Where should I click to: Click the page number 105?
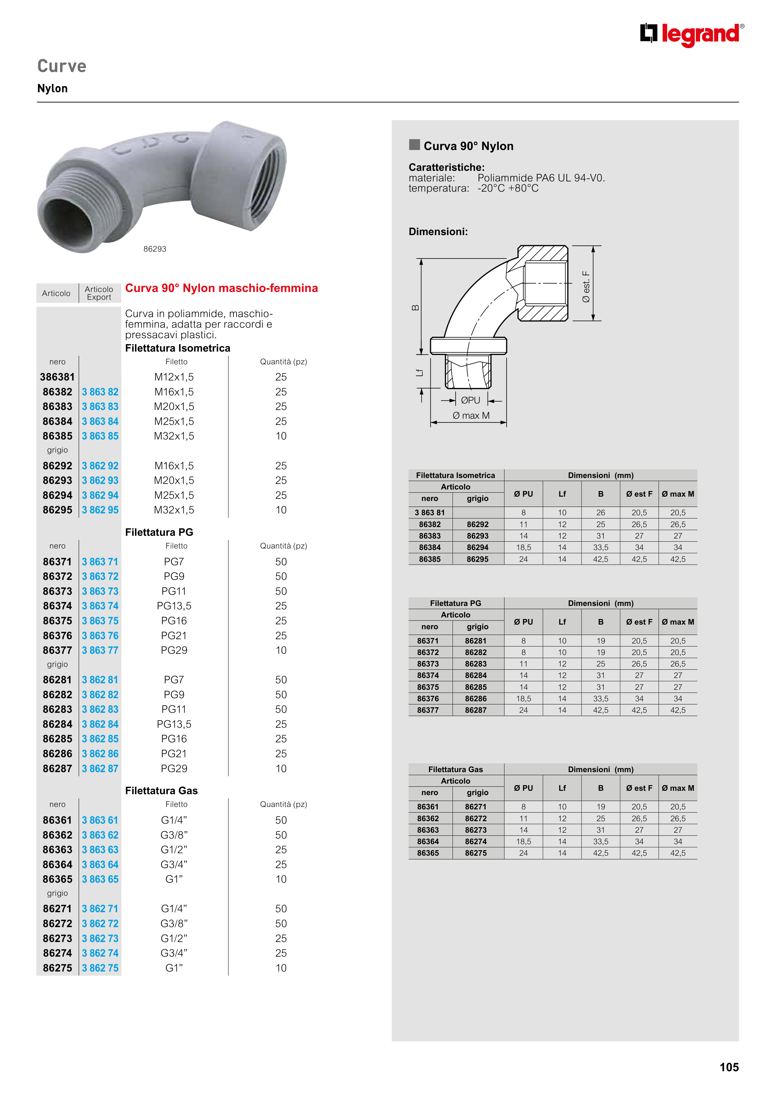729,1067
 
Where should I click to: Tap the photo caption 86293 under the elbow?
154,249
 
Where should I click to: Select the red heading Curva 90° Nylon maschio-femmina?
221,288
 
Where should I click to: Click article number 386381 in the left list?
57,377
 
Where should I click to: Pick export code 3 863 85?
100,436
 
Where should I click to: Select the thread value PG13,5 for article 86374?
174,606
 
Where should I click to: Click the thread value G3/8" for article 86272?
174,924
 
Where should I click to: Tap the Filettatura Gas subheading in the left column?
161,791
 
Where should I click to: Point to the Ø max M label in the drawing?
471,416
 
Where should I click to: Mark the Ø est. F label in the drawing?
586,287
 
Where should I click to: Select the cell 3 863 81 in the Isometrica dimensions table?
429,513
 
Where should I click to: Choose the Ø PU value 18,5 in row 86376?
524,699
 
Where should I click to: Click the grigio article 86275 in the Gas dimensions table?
476,853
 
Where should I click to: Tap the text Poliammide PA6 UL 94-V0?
541,178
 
